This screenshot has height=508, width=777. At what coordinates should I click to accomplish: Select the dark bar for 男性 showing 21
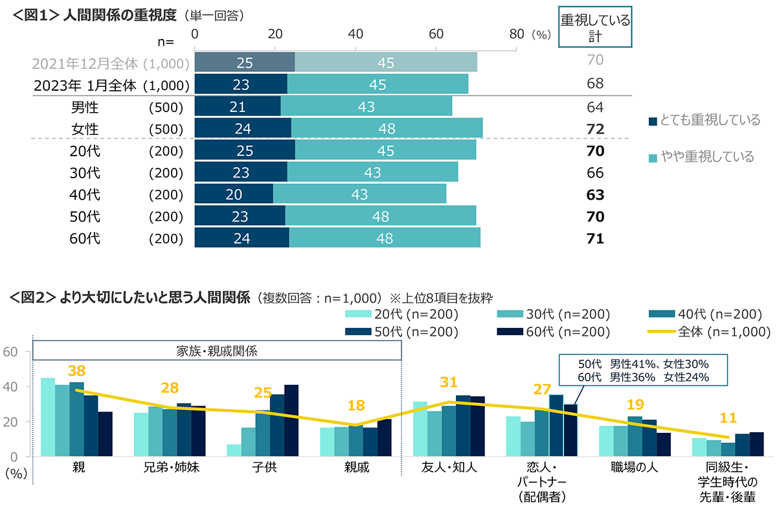tap(237, 106)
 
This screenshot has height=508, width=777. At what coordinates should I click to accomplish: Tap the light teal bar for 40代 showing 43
tap(359, 194)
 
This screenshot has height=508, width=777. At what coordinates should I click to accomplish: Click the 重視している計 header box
tap(594, 29)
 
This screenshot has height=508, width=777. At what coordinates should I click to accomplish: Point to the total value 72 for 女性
tap(594, 128)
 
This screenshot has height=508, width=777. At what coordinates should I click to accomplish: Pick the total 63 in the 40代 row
tap(594, 194)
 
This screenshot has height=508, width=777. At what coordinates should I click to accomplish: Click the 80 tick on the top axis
tap(516, 35)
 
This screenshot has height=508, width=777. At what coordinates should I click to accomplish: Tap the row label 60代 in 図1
tap(85, 238)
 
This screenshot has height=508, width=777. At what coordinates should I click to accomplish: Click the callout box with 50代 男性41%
tap(643, 369)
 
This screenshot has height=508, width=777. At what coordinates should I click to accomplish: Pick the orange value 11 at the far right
tap(728, 417)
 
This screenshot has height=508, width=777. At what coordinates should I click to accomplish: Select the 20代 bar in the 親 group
tap(47, 417)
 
